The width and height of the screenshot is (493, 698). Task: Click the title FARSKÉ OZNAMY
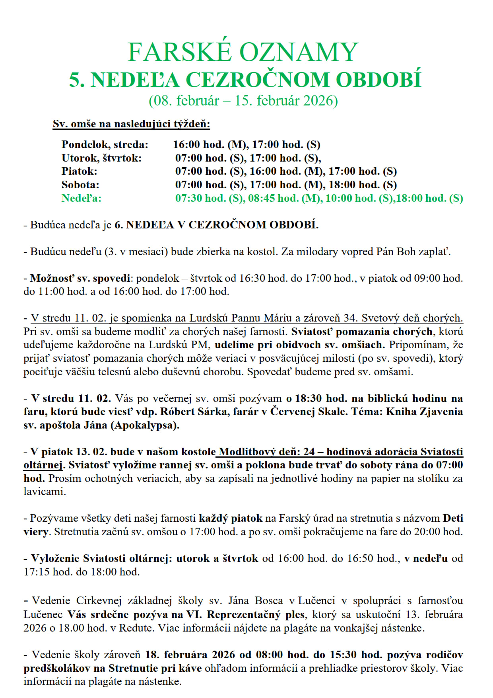243,52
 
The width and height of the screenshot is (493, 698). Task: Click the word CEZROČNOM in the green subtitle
257,80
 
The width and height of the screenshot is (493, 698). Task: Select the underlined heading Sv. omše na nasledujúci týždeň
131,124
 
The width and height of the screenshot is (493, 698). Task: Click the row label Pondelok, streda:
105,144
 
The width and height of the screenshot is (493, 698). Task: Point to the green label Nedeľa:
82,198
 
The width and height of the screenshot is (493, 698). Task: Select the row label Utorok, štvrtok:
101,158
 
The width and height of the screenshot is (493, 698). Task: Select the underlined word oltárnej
43,465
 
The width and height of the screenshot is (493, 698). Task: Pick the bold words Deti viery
452,519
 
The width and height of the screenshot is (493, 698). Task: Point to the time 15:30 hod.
355,655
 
